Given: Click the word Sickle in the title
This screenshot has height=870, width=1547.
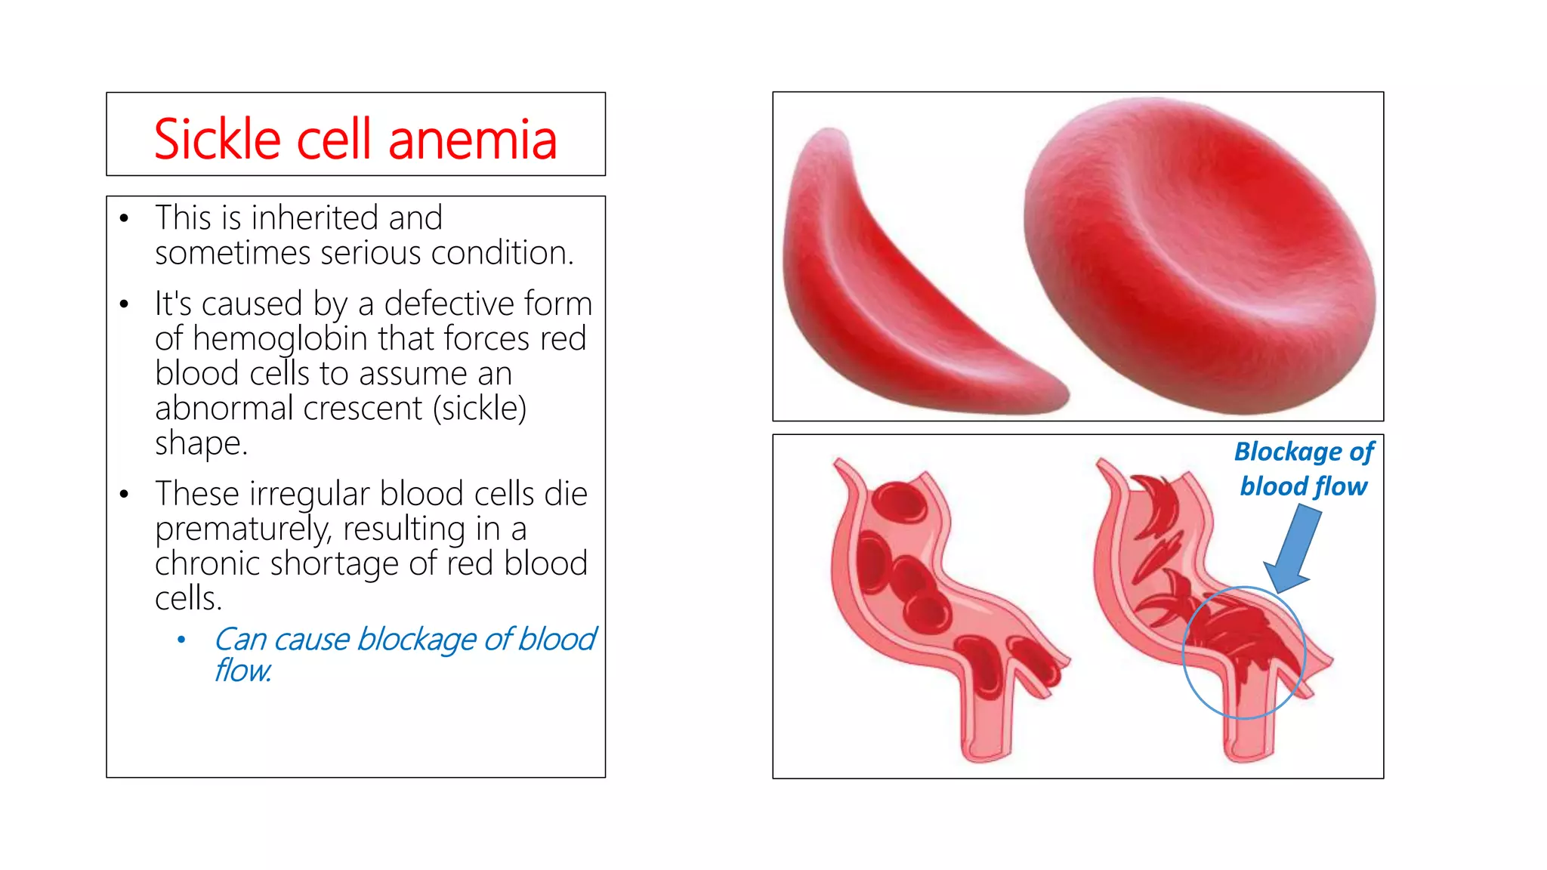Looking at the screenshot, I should point(218,140).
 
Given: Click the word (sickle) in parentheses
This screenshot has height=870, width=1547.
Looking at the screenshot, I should point(480,409).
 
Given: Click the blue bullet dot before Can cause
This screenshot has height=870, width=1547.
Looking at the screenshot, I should point(181,640).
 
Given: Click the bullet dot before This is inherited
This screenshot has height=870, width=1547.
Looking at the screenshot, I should point(125,219).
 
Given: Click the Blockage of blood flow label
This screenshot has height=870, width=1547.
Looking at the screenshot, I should point(1304,469).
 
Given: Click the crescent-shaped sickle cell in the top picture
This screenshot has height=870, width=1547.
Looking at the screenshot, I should point(891,287).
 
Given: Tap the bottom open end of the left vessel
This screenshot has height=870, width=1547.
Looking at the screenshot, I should point(986,751).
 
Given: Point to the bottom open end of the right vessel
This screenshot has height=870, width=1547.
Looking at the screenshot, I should point(1249,751).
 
